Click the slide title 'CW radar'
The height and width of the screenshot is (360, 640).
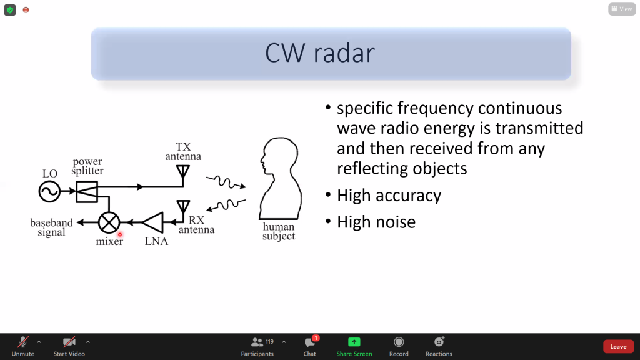click(x=319, y=54)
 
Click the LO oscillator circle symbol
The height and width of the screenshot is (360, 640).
click(x=50, y=191)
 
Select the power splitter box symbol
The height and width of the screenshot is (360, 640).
click(x=87, y=191)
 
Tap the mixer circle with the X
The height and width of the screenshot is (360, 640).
click(x=110, y=222)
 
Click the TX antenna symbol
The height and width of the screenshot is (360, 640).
click(x=183, y=172)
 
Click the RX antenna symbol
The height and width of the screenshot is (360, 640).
click(x=183, y=207)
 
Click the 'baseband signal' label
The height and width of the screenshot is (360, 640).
click(x=51, y=227)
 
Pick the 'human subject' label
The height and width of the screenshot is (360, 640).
click(x=279, y=232)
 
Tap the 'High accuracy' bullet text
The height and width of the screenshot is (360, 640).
click(x=389, y=196)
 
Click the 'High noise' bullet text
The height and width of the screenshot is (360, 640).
click(x=376, y=222)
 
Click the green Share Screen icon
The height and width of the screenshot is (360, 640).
click(x=354, y=342)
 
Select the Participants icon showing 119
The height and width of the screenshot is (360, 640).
click(x=257, y=342)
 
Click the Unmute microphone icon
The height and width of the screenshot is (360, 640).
click(x=22, y=342)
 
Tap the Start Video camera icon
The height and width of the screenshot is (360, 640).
click(x=69, y=342)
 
